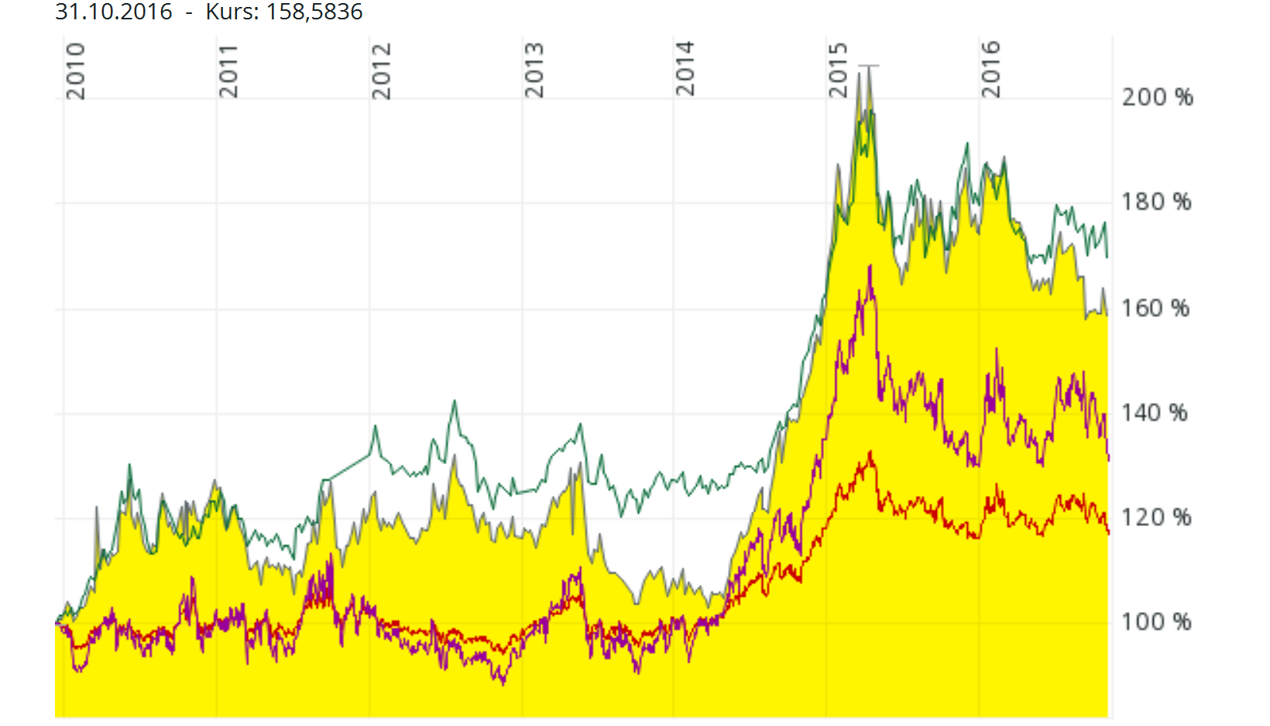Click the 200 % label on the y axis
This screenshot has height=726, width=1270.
pos(1157,98)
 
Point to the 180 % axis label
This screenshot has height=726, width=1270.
pos(1157,202)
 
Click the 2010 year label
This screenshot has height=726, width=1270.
pos(75,71)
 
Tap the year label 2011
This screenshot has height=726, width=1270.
pos(228,71)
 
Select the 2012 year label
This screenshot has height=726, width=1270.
pos(381,71)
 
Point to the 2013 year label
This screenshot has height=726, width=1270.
pos(534,71)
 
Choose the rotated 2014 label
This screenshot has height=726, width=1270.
pos(685,70)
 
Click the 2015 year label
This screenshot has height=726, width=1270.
pos(838,71)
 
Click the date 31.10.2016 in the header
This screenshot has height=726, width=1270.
pos(114,12)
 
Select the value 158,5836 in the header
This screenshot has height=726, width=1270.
pos(314,12)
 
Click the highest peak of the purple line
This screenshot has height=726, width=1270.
pos(870,267)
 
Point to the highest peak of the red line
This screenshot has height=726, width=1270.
pos(870,452)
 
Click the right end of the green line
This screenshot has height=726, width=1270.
pos(1107,256)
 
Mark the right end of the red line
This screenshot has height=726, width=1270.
pos(1109,533)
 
